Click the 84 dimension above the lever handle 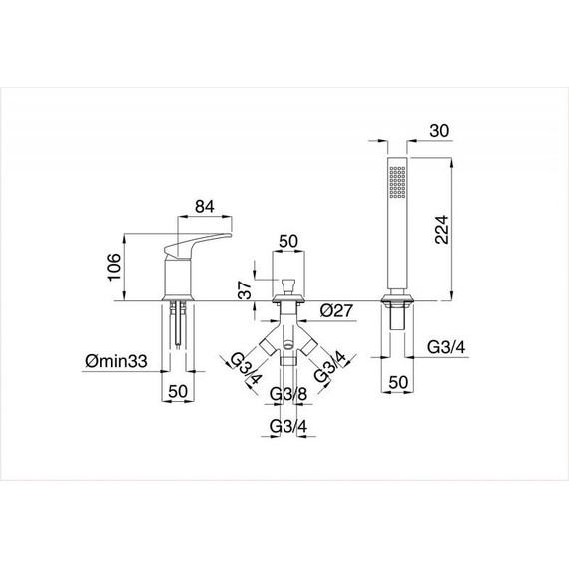(205, 206)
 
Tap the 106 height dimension (114, 267)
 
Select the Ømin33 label (116, 361)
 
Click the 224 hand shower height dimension (441, 230)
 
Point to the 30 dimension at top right (439, 131)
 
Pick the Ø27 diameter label (336, 311)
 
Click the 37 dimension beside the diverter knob (246, 289)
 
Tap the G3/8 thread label (288, 394)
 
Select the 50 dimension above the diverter (288, 241)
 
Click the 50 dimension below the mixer (178, 391)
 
